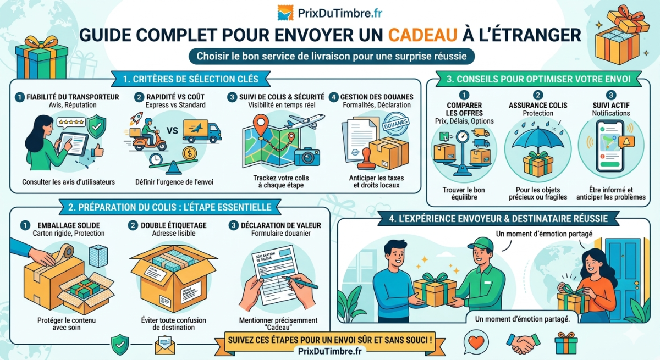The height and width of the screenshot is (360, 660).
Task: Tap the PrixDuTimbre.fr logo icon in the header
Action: [285, 12]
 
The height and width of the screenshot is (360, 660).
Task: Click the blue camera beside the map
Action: [306, 157]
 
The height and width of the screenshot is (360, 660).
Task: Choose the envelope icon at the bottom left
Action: [164, 345]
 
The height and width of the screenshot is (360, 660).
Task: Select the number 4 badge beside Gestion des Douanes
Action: [334, 97]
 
